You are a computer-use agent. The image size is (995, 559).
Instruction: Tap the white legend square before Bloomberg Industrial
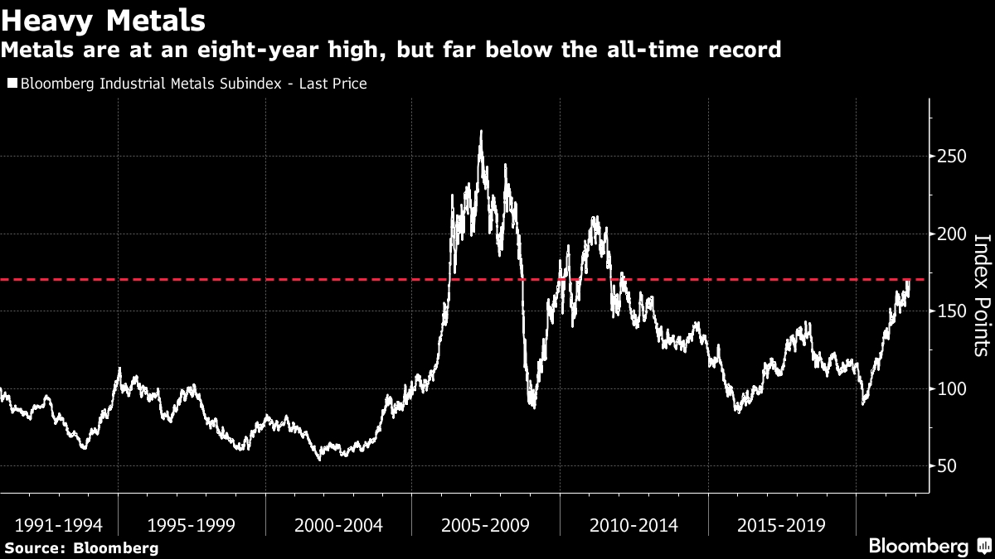pos(12,84)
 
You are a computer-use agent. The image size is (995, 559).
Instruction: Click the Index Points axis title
pos(981,296)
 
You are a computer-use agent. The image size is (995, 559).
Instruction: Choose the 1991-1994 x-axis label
pos(58,525)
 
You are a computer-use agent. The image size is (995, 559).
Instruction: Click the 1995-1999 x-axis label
pos(191,525)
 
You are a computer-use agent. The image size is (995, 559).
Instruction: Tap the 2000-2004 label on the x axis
pos(338,525)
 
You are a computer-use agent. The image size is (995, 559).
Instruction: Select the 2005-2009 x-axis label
pos(486,525)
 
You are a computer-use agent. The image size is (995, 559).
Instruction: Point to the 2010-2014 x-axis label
pos(633,525)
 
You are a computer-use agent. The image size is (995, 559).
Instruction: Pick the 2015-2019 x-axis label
pos(781,525)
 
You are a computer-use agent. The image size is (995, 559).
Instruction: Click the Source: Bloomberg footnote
pos(81,547)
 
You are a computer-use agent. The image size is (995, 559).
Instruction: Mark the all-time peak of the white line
pos(481,131)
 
